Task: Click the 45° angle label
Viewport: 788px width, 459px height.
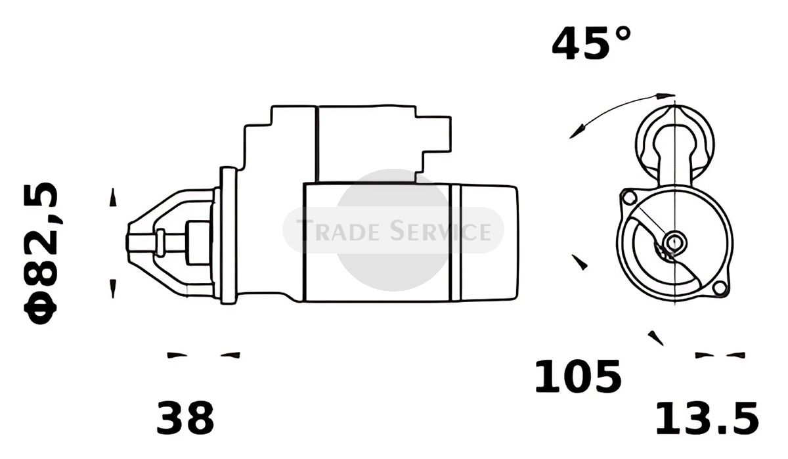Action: click(x=592, y=43)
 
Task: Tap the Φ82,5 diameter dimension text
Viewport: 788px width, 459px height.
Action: click(x=41, y=253)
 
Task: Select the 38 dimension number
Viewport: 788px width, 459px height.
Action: click(x=185, y=418)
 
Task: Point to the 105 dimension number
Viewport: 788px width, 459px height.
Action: click(x=578, y=376)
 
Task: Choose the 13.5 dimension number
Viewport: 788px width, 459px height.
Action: click(x=707, y=418)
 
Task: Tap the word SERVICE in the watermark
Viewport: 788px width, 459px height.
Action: click(x=441, y=230)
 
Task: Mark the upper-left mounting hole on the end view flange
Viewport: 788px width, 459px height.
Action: click(x=628, y=197)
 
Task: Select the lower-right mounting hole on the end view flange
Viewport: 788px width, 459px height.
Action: click(x=720, y=288)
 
